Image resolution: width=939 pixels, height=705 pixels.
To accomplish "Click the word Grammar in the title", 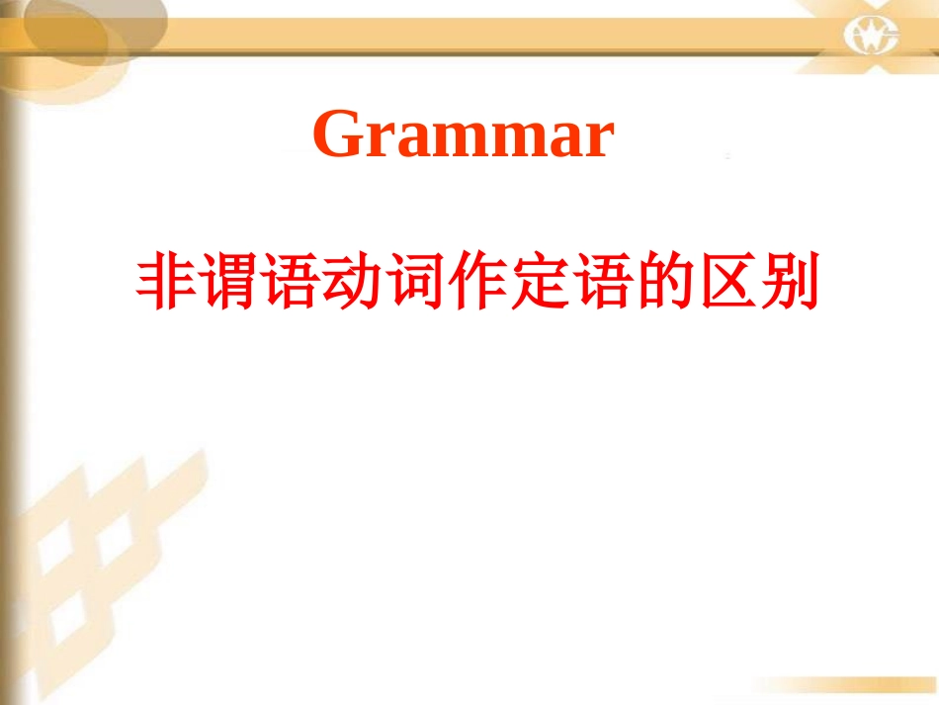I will pyautogui.click(x=464, y=134).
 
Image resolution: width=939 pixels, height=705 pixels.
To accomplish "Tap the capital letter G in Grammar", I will pyautogui.click(x=337, y=134).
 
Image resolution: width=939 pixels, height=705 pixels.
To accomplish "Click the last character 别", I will pyautogui.click(x=791, y=285).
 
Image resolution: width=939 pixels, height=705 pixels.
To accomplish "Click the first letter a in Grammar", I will pyautogui.click(x=410, y=140).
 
